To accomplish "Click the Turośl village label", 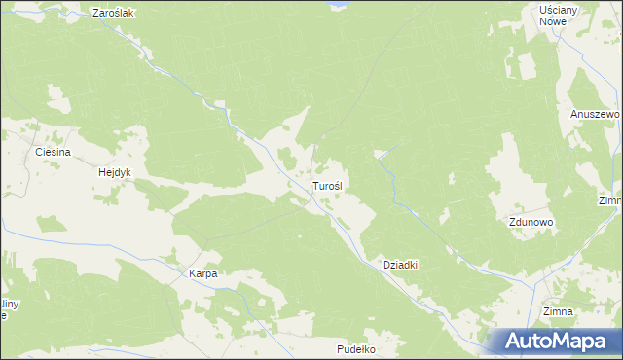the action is (x=326, y=185).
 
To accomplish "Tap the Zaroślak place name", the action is (x=112, y=14).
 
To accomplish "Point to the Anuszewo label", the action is (x=595, y=114).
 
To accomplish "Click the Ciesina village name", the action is (x=53, y=153).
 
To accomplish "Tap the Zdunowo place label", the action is (x=531, y=222).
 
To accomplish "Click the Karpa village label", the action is (x=202, y=274).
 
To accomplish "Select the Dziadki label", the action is (x=400, y=265).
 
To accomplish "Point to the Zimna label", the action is (x=558, y=311).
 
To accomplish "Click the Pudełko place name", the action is (x=355, y=348).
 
